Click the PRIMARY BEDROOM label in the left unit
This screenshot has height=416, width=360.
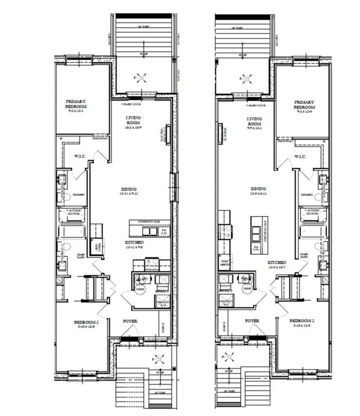pos(77,104)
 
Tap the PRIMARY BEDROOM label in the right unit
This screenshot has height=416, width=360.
pos(304,105)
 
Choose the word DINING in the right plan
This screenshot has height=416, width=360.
pos(258,189)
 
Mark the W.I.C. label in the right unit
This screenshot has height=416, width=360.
pos(300,156)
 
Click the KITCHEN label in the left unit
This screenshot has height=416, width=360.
pos(134,242)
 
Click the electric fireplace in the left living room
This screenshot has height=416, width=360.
pos(168,134)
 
